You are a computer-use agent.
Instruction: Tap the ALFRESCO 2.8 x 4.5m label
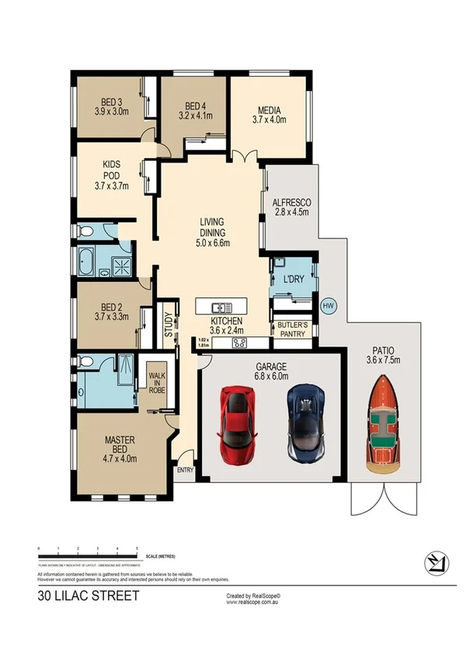[x=291, y=206]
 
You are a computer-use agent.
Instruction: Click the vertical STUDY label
[x=166, y=325]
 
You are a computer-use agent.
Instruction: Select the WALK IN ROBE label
[x=158, y=382]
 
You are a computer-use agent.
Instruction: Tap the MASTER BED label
[x=120, y=449]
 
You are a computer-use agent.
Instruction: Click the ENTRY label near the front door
[x=186, y=469]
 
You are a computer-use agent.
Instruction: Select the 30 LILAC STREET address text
[x=89, y=596]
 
